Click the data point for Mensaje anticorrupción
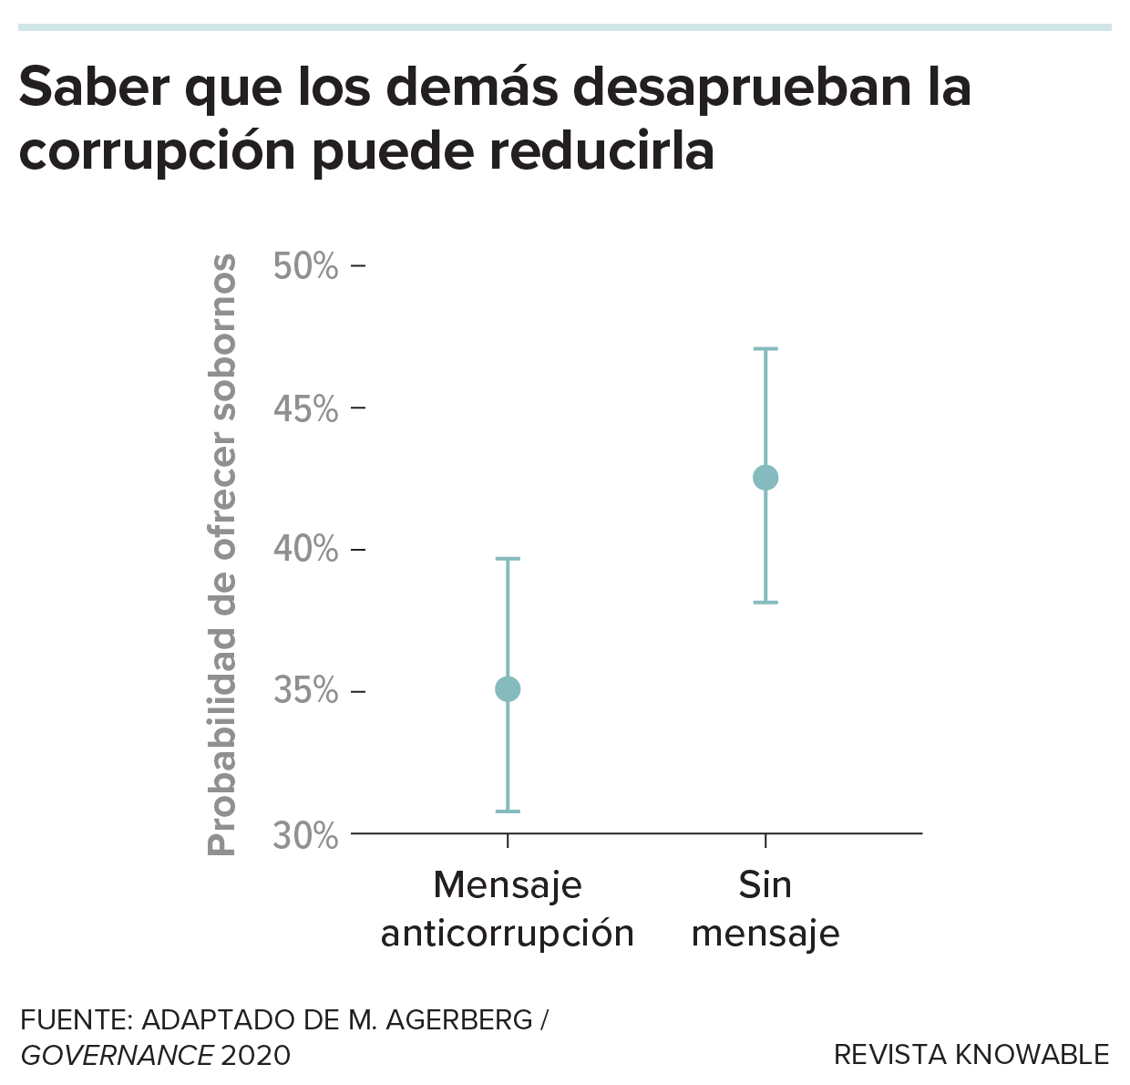(x=508, y=689)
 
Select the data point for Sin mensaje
(x=765, y=478)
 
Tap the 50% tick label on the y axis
(x=306, y=266)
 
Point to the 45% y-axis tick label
(x=306, y=409)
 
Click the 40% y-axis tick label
(x=306, y=550)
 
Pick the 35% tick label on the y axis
(x=306, y=691)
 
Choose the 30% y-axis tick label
(x=306, y=835)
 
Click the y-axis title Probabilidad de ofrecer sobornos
(x=222, y=554)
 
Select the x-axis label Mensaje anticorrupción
(x=508, y=909)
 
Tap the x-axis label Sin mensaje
(x=765, y=909)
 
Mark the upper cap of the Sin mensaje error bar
(x=765, y=348)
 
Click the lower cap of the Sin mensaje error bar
(x=765, y=603)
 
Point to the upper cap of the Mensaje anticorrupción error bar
(x=508, y=558)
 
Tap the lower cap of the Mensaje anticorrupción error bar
(x=508, y=811)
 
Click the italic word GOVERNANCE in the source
(x=117, y=1056)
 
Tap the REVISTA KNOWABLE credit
(x=971, y=1055)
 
